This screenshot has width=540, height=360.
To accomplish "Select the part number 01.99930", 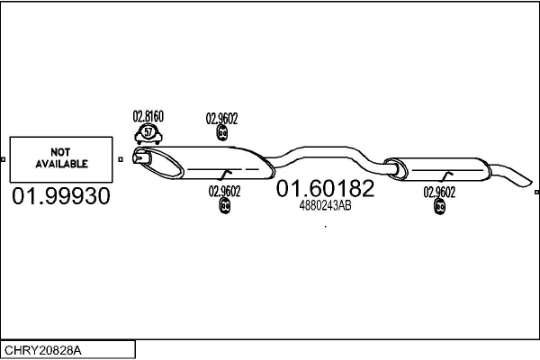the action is [x=61, y=196].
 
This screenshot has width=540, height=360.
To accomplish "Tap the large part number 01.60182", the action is [x=325, y=188].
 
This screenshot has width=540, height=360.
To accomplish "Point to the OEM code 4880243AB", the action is [x=325, y=205].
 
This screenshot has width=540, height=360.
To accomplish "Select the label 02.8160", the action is [x=148, y=116].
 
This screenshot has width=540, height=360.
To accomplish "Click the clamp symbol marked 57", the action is [x=148, y=134].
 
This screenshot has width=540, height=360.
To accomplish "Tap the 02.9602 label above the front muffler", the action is [x=221, y=117].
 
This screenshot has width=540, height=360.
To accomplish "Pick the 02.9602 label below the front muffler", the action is [x=224, y=190].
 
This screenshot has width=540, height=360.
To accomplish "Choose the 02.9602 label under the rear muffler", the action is [x=439, y=191].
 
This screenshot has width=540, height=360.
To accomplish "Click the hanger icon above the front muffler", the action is [x=222, y=134].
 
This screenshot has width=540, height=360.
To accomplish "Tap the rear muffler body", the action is [x=441, y=169].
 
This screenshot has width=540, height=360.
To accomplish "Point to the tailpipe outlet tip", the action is [x=529, y=182].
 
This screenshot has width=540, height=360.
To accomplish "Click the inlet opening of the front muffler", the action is [x=138, y=159].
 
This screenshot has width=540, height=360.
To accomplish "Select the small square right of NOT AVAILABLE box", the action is [x=121, y=160].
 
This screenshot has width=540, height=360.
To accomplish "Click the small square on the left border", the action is [x=3, y=160].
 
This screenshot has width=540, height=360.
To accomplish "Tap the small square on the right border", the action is [x=536, y=191].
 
